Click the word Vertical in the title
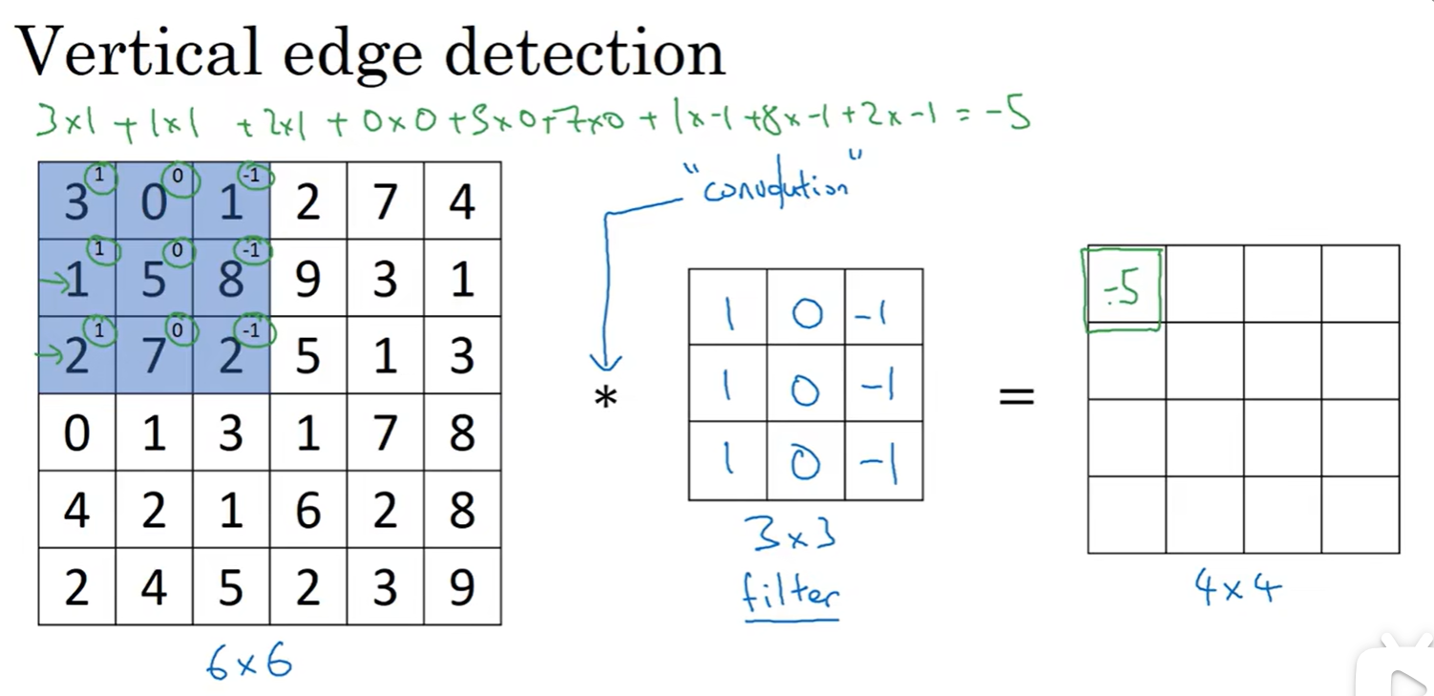coord(137,52)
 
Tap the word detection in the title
coord(584,52)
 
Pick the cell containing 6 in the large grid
coord(307,510)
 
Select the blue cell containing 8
coord(231,278)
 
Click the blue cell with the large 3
coord(76,201)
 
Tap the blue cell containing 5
coord(154,278)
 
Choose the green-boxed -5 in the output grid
coord(1123,289)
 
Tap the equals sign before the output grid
coord(1016,395)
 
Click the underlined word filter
coord(791,594)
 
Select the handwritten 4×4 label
coord(1238,587)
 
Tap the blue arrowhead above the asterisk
coord(605,364)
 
